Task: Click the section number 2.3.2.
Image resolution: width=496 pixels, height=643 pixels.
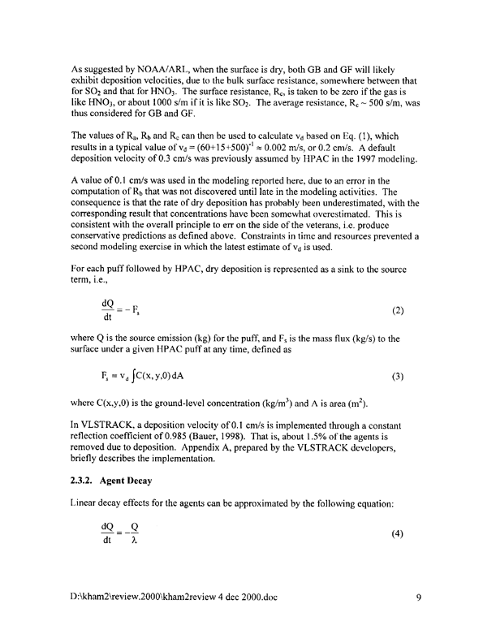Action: point(84,480)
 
